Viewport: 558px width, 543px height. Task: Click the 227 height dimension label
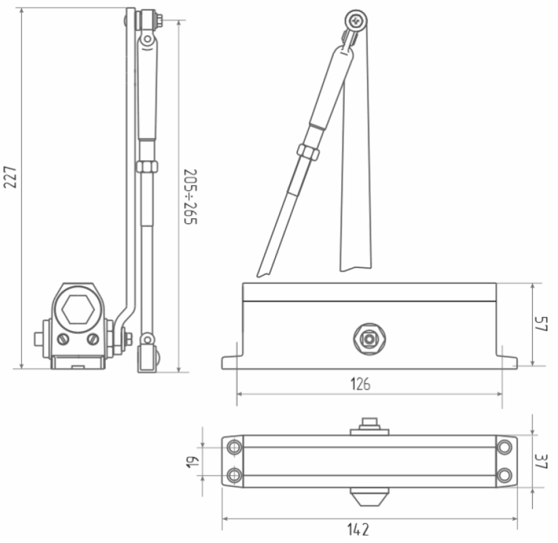[x=10, y=177]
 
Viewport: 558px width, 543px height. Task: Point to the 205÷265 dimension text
[x=190, y=196]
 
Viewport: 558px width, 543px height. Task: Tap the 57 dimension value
[x=541, y=324]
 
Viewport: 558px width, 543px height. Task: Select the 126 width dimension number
[x=360, y=384]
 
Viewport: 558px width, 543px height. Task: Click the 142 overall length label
[x=358, y=529]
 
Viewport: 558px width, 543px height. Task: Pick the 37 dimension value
[x=541, y=461]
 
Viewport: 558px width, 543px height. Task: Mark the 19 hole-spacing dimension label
[x=193, y=462]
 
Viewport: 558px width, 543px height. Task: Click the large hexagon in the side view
[x=78, y=310]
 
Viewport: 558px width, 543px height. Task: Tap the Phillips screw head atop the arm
[x=356, y=21]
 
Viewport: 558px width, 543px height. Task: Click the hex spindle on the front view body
[x=369, y=339]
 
